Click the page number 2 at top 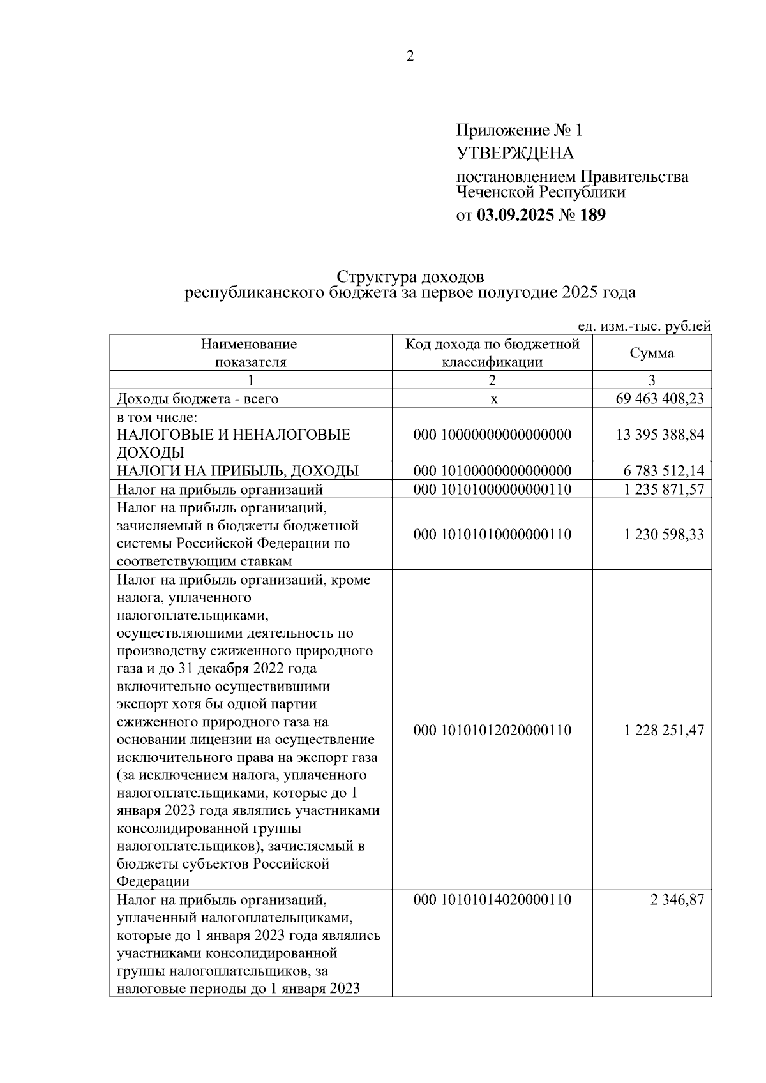click(x=410, y=57)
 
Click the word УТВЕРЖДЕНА click(x=514, y=154)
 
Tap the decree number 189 click(x=592, y=215)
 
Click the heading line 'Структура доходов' click(x=410, y=277)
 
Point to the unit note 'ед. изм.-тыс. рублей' click(x=643, y=326)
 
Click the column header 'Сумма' click(x=651, y=354)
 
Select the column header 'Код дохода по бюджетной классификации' click(x=492, y=354)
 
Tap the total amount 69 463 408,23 click(x=659, y=399)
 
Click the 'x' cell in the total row click(x=493, y=400)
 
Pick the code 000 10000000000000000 click(x=492, y=435)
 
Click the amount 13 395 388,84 click(x=659, y=435)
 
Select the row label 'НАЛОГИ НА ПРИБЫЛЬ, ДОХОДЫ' click(x=237, y=472)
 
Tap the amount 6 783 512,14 click(x=663, y=472)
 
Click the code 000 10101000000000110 click(x=492, y=489)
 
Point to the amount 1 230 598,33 click(x=663, y=534)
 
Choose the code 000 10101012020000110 click(x=492, y=730)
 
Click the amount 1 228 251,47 click(x=663, y=730)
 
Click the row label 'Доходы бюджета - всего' click(x=197, y=400)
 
